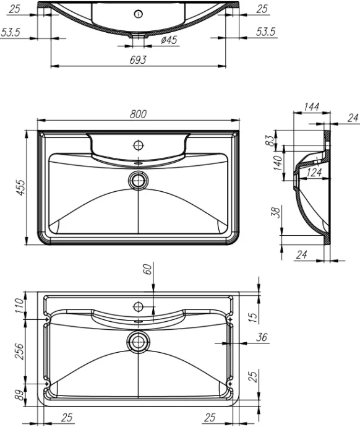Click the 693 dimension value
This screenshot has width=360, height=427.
(x=138, y=59)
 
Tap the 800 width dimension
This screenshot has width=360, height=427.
(x=138, y=114)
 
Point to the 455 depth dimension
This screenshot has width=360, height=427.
(x=20, y=188)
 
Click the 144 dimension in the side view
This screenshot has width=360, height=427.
(x=312, y=108)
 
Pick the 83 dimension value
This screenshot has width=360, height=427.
(x=270, y=140)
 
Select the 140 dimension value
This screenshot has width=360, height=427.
(x=278, y=163)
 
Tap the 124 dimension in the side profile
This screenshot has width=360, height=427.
(x=314, y=173)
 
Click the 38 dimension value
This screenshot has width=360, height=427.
(x=276, y=213)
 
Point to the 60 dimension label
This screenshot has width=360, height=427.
(x=147, y=270)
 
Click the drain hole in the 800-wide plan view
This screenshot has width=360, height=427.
(x=138, y=180)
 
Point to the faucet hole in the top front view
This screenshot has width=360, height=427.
(x=138, y=14)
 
